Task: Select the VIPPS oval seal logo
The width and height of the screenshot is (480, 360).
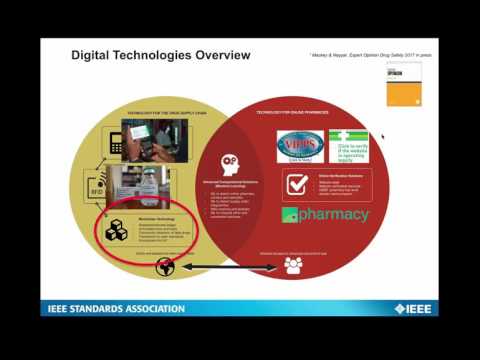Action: pos(300,146)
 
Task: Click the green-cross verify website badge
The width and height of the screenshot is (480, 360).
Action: pos(349,147)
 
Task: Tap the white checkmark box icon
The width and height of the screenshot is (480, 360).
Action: pos(298,185)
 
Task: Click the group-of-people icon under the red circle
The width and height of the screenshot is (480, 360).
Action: pos(293,265)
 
